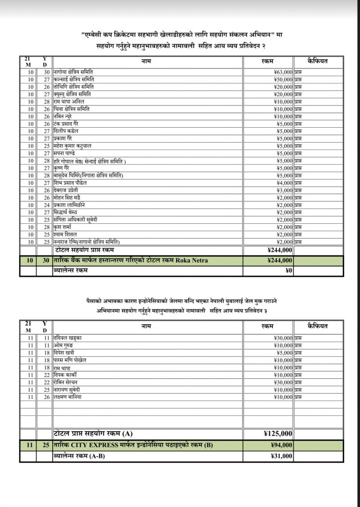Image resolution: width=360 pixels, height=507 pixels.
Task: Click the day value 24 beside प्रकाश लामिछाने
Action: click(47, 205)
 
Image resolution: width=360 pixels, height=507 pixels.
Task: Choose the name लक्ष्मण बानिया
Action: click(67, 397)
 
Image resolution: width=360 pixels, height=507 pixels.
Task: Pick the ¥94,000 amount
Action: click(281, 445)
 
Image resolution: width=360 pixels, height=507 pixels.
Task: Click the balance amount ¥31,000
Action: click(281, 456)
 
